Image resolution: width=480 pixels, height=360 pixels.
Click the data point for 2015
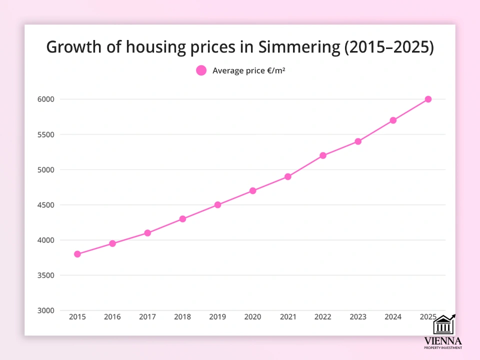coord(77,254)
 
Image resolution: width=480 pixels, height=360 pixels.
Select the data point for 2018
coord(182,219)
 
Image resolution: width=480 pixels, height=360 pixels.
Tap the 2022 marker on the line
coord(323,155)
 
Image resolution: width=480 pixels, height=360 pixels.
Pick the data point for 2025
coord(428,99)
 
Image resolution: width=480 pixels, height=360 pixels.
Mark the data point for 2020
coord(252,190)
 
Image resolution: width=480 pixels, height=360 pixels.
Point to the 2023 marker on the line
coord(358,141)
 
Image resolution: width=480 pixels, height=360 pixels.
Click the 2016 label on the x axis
coord(112,317)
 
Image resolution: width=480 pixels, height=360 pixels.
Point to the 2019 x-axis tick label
coord(217,317)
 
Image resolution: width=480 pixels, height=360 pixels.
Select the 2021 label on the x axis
coord(287,317)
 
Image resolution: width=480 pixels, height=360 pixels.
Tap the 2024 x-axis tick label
coord(393,317)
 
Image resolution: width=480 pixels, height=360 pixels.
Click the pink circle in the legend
coord(201,70)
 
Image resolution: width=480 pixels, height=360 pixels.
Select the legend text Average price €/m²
coord(248,71)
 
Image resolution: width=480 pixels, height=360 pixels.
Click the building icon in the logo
coord(442,325)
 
